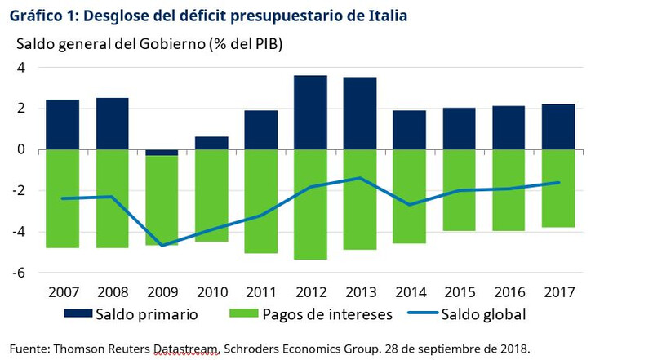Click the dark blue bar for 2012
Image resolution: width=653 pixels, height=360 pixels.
click(310, 113)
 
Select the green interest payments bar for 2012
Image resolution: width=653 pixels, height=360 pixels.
click(310, 204)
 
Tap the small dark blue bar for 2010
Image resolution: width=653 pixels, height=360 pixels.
click(211, 143)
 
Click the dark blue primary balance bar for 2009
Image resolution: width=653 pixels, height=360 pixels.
click(162, 153)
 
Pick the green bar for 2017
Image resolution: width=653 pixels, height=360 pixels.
click(559, 188)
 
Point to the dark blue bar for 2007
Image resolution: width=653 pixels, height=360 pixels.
click(62, 125)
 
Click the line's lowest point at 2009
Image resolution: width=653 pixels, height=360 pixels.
click(162, 246)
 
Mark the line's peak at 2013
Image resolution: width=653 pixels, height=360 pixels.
click(360, 178)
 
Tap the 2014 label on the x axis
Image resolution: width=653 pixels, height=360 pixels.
click(410, 292)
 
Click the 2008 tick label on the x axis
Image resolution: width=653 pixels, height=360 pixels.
click(112, 292)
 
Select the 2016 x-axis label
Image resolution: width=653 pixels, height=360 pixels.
click(509, 292)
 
